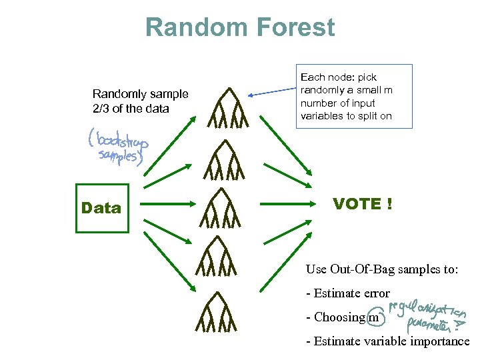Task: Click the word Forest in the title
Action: click(x=293, y=27)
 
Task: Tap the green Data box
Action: click(x=101, y=208)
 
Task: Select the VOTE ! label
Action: click(x=362, y=204)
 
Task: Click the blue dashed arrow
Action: click(x=273, y=94)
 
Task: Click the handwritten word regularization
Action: click(x=427, y=309)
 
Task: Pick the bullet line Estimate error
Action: click(x=347, y=293)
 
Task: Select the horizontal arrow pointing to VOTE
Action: click(x=287, y=204)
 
